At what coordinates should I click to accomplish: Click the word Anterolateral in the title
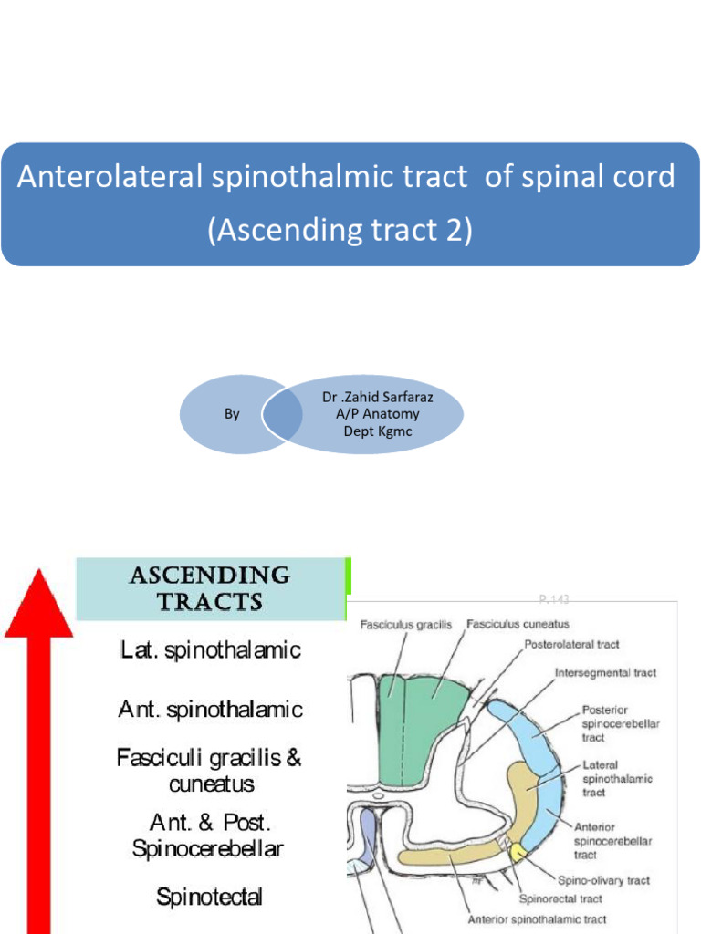tap(109, 177)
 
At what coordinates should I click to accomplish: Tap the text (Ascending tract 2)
tap(340, 230)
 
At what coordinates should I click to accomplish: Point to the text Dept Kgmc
tap(377, 431)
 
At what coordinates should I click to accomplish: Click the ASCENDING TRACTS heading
tap(210, 588)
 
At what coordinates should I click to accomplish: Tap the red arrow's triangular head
tap(39, 603)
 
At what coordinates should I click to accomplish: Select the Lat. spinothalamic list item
tap(210, 650)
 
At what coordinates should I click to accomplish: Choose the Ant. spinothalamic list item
tap(210, 709)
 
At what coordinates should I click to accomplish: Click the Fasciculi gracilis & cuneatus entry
tap(210, 770)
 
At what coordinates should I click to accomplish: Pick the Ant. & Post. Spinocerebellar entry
tap(208, 835)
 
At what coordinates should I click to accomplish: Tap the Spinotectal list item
tap(210, 897)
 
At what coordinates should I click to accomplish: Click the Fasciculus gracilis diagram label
tap(399, 625)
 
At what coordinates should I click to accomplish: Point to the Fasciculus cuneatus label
tap(518, 625)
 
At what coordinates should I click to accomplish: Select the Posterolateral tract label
tap(571, 645)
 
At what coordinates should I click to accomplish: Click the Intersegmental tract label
tap(606, 673)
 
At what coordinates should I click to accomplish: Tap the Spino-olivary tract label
tap(603, 881)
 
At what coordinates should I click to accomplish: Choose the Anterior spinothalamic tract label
tap(537, 919)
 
